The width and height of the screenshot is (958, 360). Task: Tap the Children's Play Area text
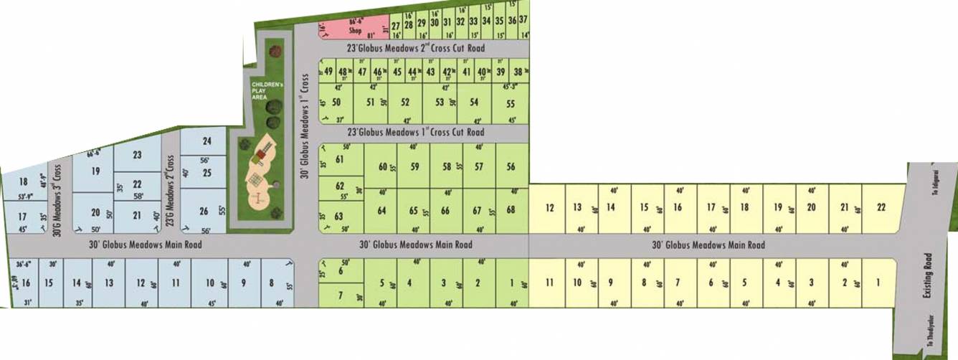(x=260, y=91)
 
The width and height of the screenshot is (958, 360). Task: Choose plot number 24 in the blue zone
(x=207, y=141)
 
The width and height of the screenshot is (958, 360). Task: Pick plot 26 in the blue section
(x=204, y=211)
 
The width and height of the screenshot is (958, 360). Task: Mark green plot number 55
(x=511, y=103)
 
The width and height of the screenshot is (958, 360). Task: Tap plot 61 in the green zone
(x=340, y=159)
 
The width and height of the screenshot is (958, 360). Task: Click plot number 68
(x=511, y=210)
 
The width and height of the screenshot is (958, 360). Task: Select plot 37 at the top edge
(x=523, y=19)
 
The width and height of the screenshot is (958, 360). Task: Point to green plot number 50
(x=336, y=102)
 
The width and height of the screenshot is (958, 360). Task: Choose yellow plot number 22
(x=881, y=208)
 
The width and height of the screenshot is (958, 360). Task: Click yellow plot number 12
(x=550, y=208)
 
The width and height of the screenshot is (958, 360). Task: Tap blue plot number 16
(x=26, y=283)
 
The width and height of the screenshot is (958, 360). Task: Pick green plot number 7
(x=340, y=294)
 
